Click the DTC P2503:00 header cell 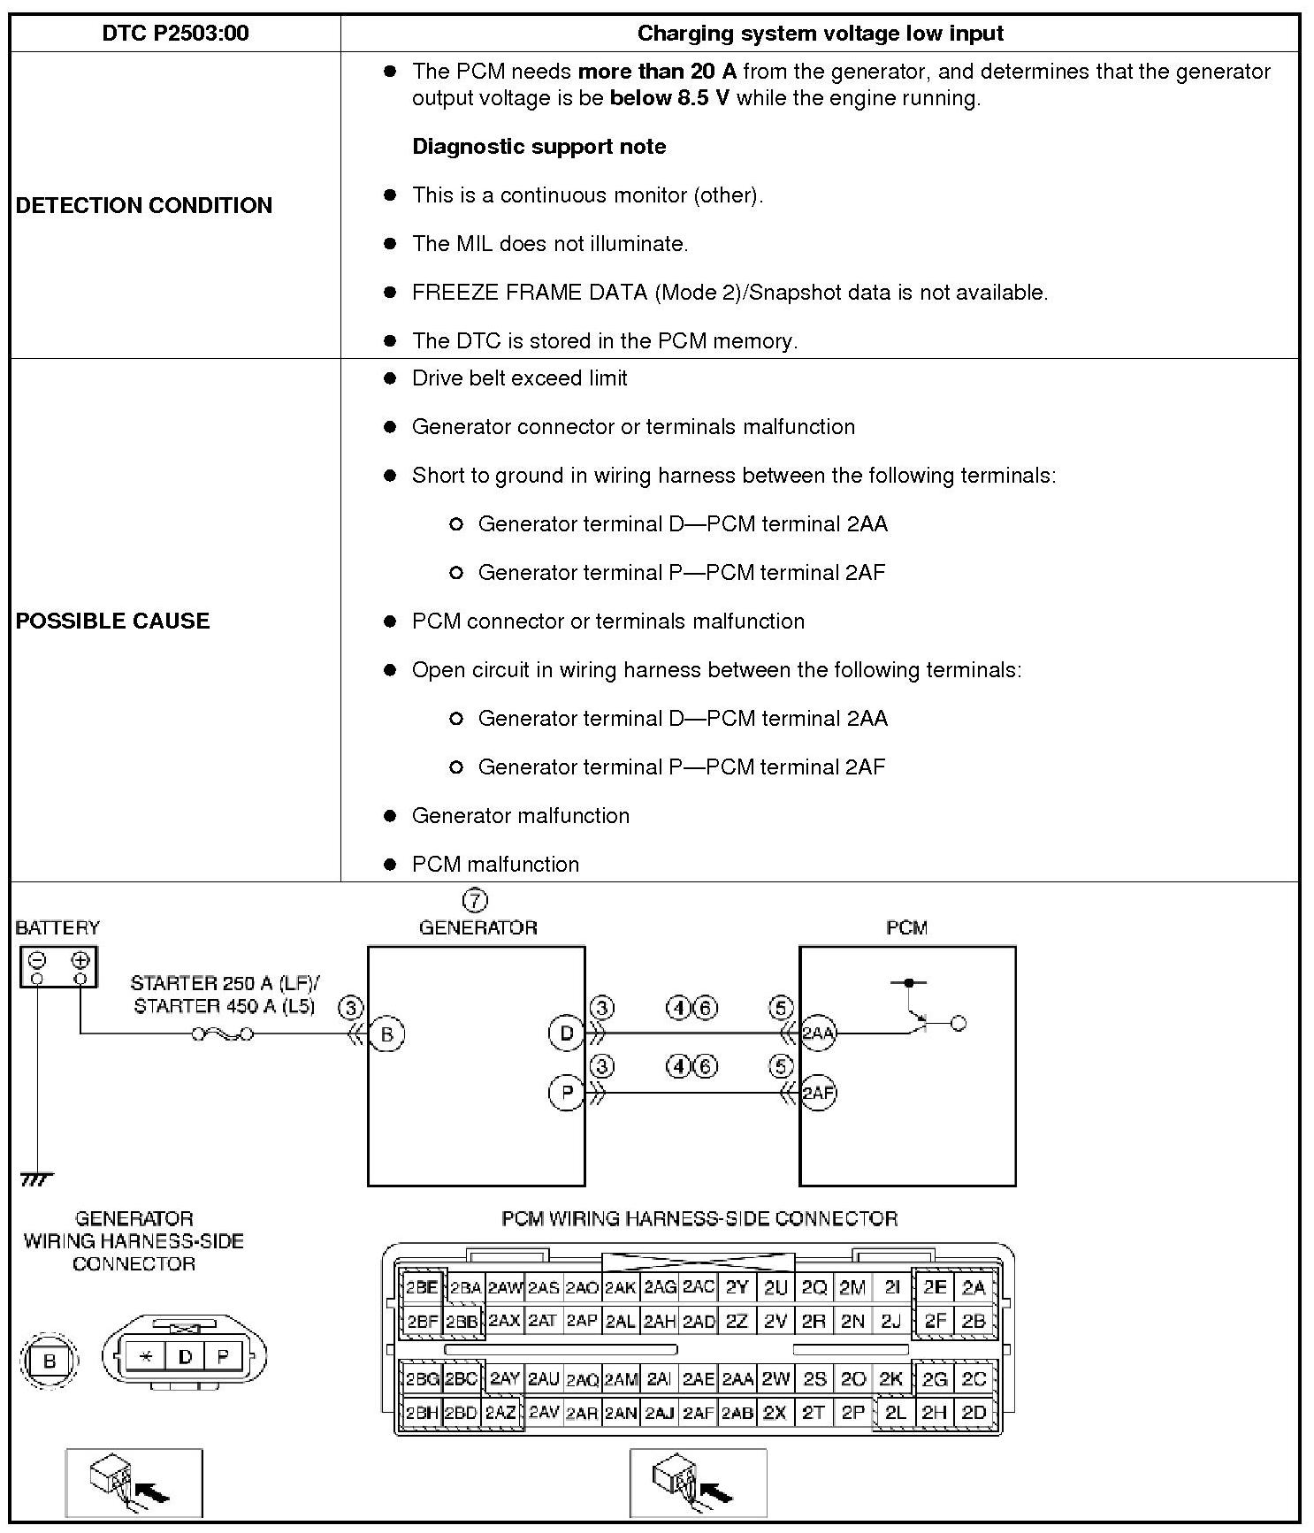(x=175, y=34)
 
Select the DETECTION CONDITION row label (x=144, y=205)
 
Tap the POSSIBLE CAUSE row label (x=113, y=621)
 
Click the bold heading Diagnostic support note (x=539, y=147)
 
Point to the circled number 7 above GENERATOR (x=475, y=901)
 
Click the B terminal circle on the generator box (x=386, y=1033)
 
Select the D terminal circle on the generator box (x=567, y=1033)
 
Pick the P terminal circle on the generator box (x=567, y=1093)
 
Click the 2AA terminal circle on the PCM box (x=818, y=1033)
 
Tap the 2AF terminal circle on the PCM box (x=818, y=1093)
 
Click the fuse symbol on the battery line (x=223, y=1033)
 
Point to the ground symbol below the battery (x=36, y=1179)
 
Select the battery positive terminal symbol (x=80, y=960)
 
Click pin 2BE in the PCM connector (x=422, y=1287)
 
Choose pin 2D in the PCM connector (x=974, y=1413)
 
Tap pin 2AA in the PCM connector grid (x=737, y=1379)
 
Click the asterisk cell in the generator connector (x=146, y=1355)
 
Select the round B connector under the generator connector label (x=50, y=1361)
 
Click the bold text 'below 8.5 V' (x=669, y=98)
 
